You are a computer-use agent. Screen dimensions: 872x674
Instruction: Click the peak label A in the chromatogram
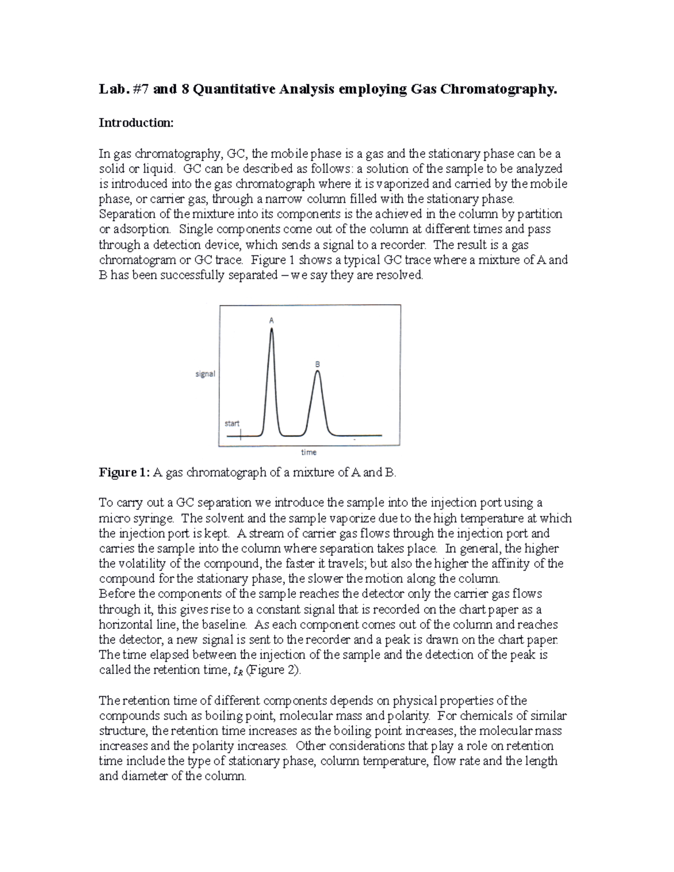[271, 321]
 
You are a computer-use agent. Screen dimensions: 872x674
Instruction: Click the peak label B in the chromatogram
[317, 364]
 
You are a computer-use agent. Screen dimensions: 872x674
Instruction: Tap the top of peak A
[272, 330]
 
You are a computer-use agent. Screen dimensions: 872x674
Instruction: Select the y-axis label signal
[205, 374]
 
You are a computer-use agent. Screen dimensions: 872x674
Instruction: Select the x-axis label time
[308, 452]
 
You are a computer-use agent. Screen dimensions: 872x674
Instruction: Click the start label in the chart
[232, 423]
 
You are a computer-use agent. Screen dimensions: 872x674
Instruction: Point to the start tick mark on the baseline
[240, 435]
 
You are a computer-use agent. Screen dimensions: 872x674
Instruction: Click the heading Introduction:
[136, 123]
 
